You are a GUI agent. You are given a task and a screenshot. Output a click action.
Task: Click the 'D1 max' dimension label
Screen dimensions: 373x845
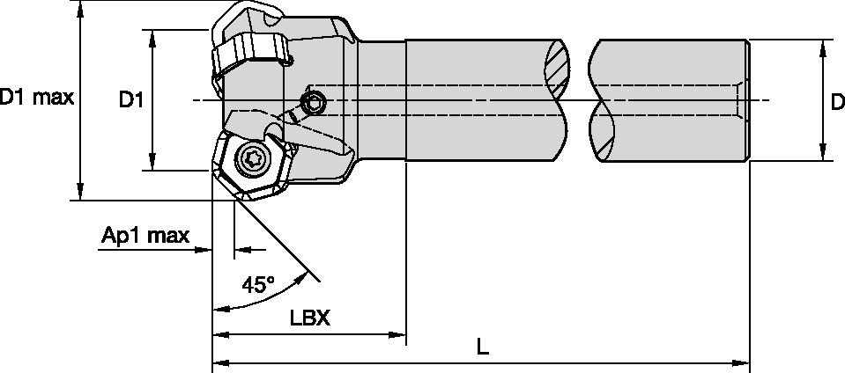pyautogui.click(x=36, y=98)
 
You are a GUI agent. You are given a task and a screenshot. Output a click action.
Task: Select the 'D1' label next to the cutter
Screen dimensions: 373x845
pyautogui.click(x=130, y=101)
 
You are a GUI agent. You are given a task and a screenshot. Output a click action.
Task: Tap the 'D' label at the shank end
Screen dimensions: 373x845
pyautogui.click(x=836, y=103)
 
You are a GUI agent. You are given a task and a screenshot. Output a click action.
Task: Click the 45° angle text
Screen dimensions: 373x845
pyautogui.click(x=258, y=284)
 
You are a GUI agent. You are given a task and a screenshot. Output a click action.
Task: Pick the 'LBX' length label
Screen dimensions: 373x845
pyautogui.click(x=309, y=318)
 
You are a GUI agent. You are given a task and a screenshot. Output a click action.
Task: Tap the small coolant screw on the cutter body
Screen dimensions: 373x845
pyautogui.click(x=313, y=104)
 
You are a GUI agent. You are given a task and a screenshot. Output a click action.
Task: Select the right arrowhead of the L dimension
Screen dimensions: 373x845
pyautogui.click(x=742, y=362)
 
